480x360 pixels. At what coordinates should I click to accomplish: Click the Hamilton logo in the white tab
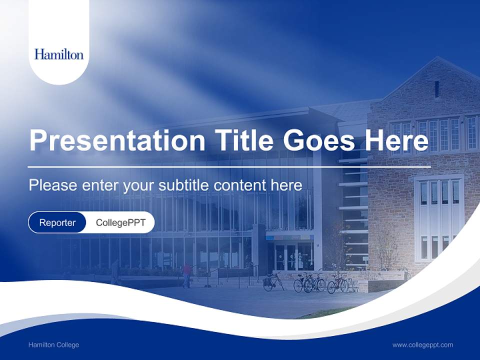(x=59, y=54)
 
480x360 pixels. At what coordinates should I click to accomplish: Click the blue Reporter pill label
(x=57, y=222)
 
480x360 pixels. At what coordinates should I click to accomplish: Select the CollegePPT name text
(x=120, y=222)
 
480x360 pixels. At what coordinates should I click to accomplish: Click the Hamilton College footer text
(x=53, y=345)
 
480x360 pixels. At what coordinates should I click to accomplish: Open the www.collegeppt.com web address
(x=422, y=345)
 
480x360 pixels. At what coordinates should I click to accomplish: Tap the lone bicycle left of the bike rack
(x=272, y=282)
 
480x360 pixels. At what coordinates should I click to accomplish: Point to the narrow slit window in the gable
(x=436, y=89)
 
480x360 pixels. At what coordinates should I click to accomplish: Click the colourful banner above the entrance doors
(x=289, y=237)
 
